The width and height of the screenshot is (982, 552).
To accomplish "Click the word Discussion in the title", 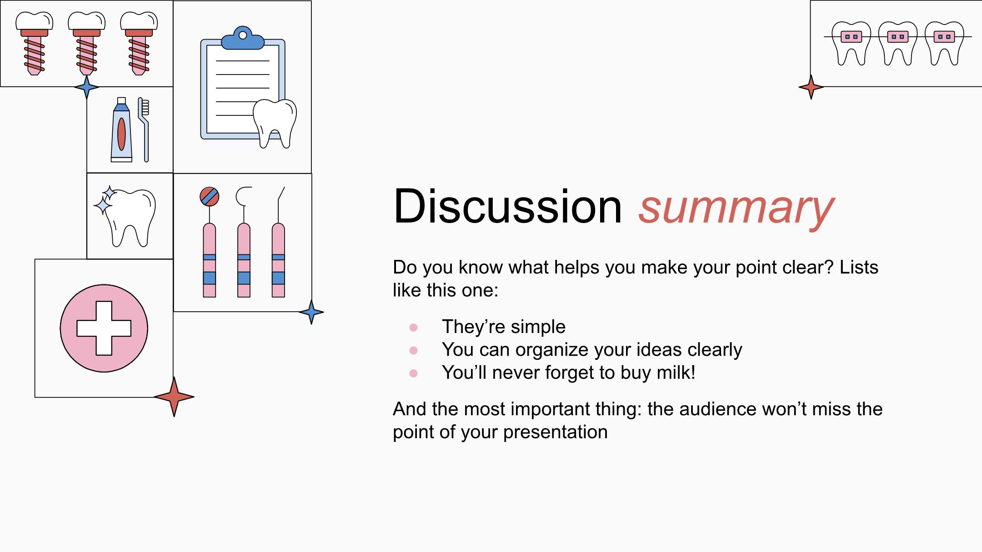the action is (x=507, y=206).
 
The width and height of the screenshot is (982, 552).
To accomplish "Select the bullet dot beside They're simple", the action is (x=413, y=328).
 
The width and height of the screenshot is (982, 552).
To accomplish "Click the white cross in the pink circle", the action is (x=104, y=328).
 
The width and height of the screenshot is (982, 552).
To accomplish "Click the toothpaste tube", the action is (x=121, y=129).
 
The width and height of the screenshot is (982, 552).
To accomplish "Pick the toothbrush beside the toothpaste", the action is (x=145, y=129).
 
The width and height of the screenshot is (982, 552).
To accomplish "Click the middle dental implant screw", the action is (x=86, y=43).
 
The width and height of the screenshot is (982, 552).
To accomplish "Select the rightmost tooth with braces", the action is (x=944, y=43).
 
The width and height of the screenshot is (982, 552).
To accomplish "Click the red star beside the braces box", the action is (x=811, y=87).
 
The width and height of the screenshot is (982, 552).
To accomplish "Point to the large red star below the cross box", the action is (x=174, y=397).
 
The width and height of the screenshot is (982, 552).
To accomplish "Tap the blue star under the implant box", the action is (x=86, y=87).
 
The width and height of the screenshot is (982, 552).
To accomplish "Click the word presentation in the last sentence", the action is (x=556, y=433).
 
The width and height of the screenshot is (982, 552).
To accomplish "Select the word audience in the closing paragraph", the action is (x=718, y=409).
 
